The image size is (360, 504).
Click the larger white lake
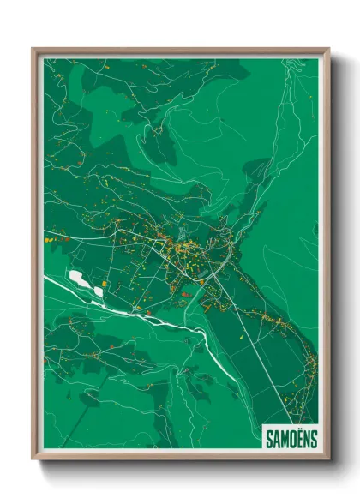pos(80,279)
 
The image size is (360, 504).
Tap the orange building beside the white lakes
pos(105,285)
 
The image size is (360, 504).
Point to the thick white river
pos(137,309)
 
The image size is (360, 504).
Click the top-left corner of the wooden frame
pos(33,50)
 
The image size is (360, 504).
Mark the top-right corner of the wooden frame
pos(328,50)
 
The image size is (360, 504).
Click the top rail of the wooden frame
pos(180,51)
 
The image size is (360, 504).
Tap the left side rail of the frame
pos(35,257)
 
